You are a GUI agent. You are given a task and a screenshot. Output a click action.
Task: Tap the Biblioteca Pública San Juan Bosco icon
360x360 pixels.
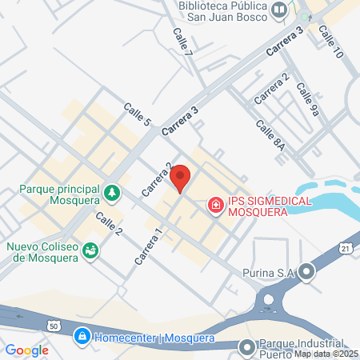click(x=279, y=10)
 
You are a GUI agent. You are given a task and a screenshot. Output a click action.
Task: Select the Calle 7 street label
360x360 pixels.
click(x=183, y=41)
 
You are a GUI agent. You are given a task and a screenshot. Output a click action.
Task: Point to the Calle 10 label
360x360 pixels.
click(x=330, y=41)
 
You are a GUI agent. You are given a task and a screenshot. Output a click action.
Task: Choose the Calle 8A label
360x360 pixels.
click(x=270, y=135)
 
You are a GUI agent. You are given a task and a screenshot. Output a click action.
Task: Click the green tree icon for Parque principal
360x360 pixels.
click(x=113, y=193)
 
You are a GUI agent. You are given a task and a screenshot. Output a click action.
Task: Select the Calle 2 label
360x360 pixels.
click(x=109, y=225)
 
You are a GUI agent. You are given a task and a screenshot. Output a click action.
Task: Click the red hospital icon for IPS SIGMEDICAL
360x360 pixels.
click(x=214, y=206)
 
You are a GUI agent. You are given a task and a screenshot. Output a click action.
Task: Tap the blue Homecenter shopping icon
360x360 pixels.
click(x=81, y=338)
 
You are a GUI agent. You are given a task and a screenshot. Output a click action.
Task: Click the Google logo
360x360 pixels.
click(x=26, y=350)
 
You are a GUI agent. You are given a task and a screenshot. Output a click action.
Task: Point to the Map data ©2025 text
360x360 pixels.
click(x=326, y=354)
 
